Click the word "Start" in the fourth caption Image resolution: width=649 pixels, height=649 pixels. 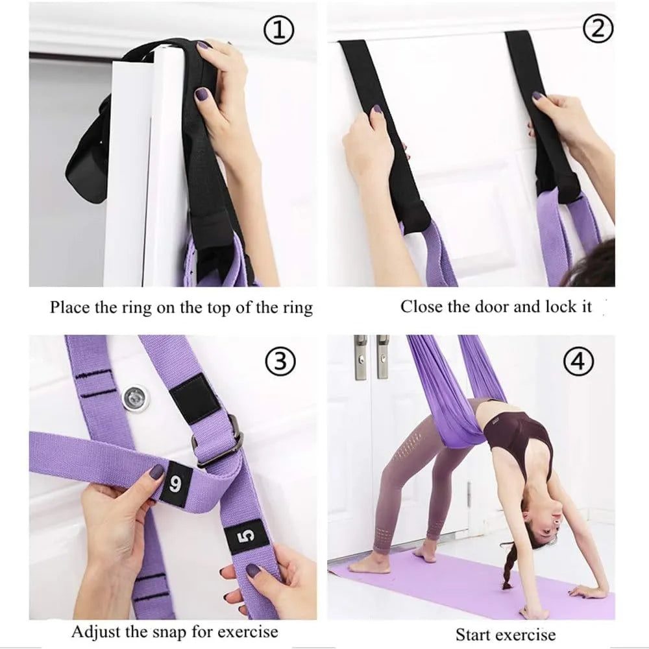pyautogui.click(x=474, y=634)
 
